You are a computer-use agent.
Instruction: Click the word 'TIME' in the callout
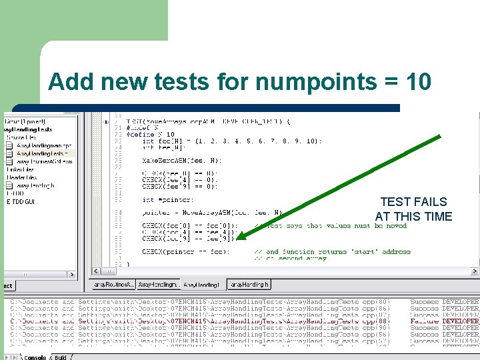click(x=437, y=217)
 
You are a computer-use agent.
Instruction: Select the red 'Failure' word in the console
click(x=425, y=321)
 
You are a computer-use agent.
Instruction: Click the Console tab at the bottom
click(x=33, y=357)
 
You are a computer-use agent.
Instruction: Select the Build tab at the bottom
click(x=61, y=357)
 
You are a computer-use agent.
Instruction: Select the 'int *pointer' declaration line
click(x=168, y=200)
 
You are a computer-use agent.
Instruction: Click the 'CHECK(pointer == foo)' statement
click(x=186, y=252)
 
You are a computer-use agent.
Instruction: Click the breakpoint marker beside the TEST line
click(x=106, y=122)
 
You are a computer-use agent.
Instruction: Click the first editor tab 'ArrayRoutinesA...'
click(x=113, y=285)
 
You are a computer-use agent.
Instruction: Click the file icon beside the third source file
click(x=11, y=161)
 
